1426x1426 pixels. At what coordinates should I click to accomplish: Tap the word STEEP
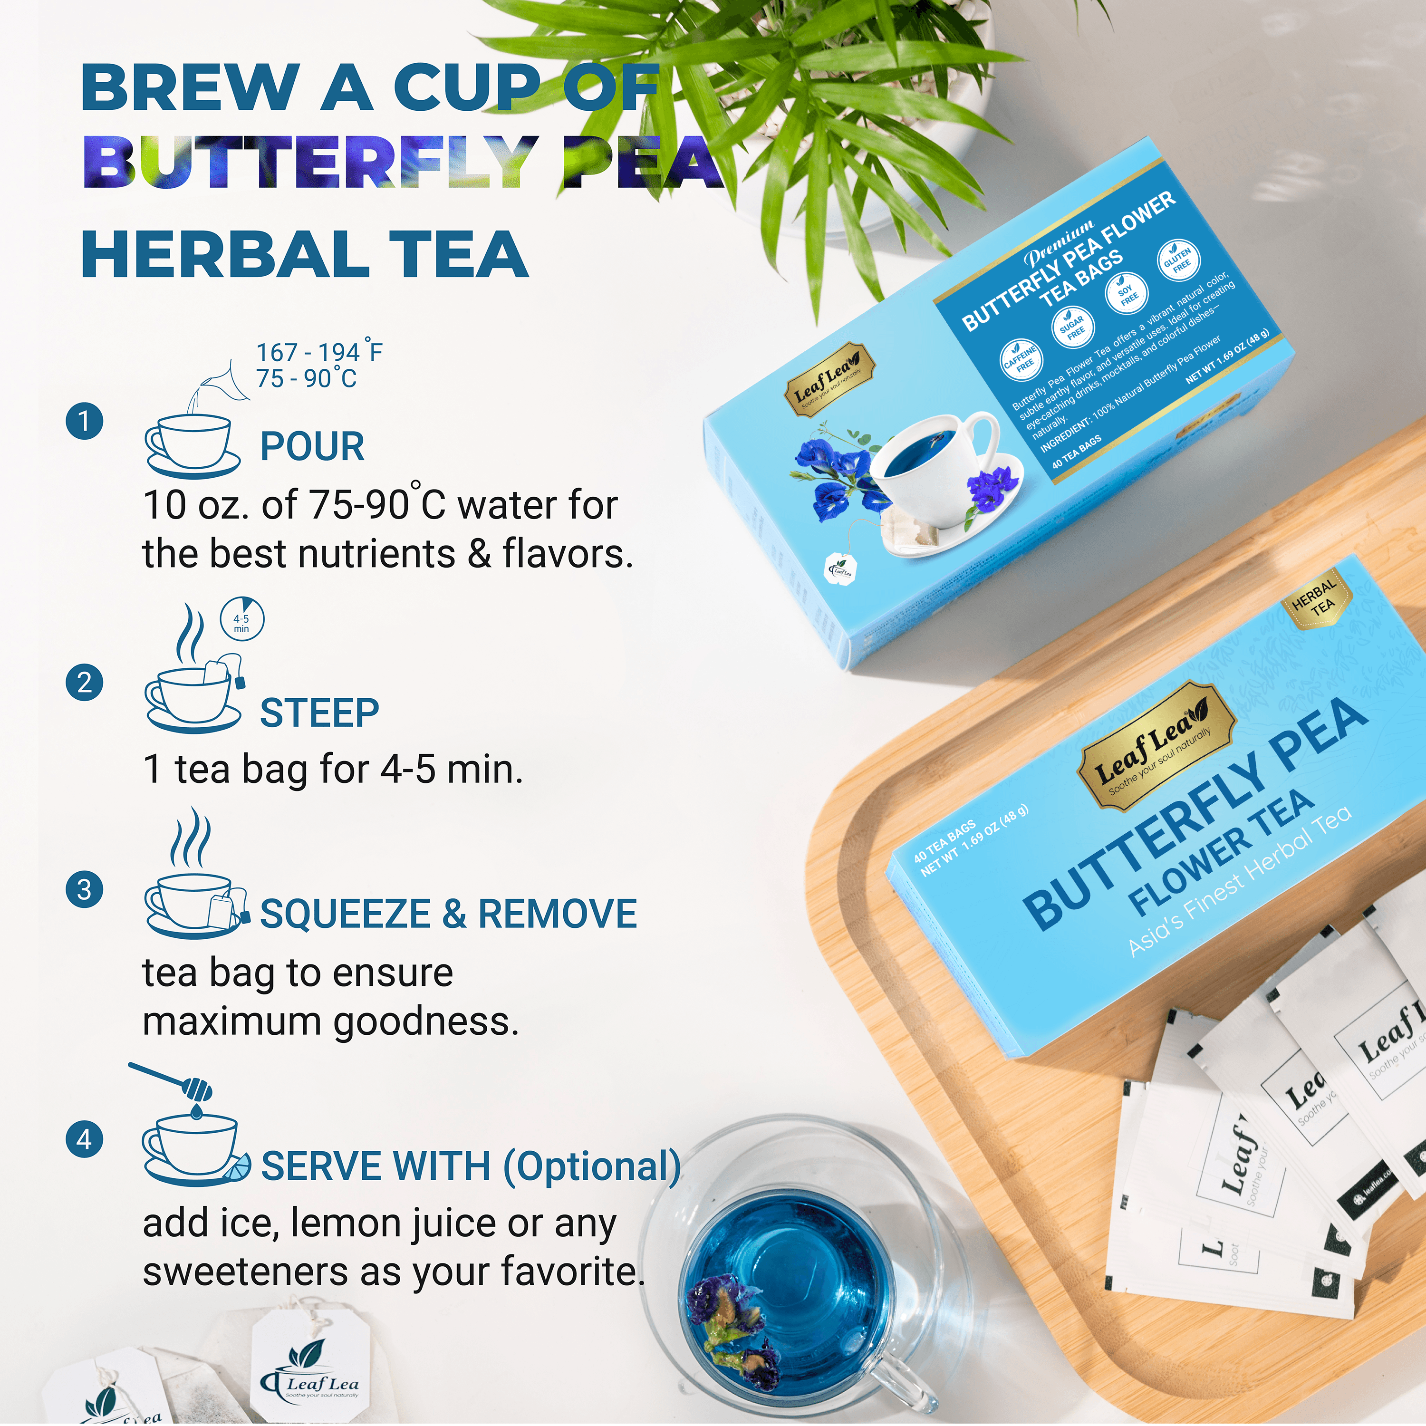[319, 713]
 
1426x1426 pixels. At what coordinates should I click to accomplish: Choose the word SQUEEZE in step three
[345, 914]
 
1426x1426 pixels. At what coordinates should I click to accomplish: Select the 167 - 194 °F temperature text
[319, 353]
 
